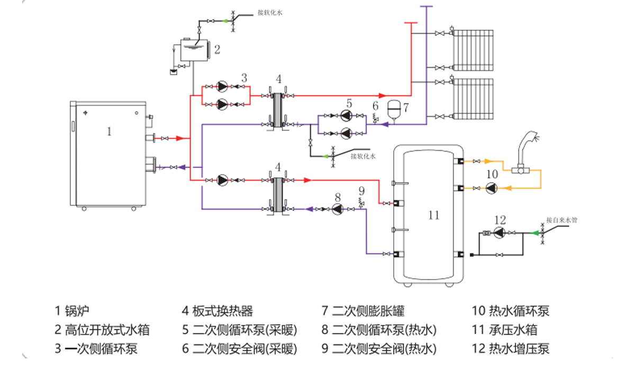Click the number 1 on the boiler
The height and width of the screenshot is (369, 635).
[109, 131]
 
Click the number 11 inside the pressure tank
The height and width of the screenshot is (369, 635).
[434, 215]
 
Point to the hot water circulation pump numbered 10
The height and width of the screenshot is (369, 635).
[492, 187]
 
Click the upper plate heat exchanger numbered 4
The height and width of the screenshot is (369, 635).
[277, 110]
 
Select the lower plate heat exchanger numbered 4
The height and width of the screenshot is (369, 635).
[277, 194]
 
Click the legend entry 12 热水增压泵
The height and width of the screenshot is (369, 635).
[510, 349]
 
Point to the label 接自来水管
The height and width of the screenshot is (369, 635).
[560, 219]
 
